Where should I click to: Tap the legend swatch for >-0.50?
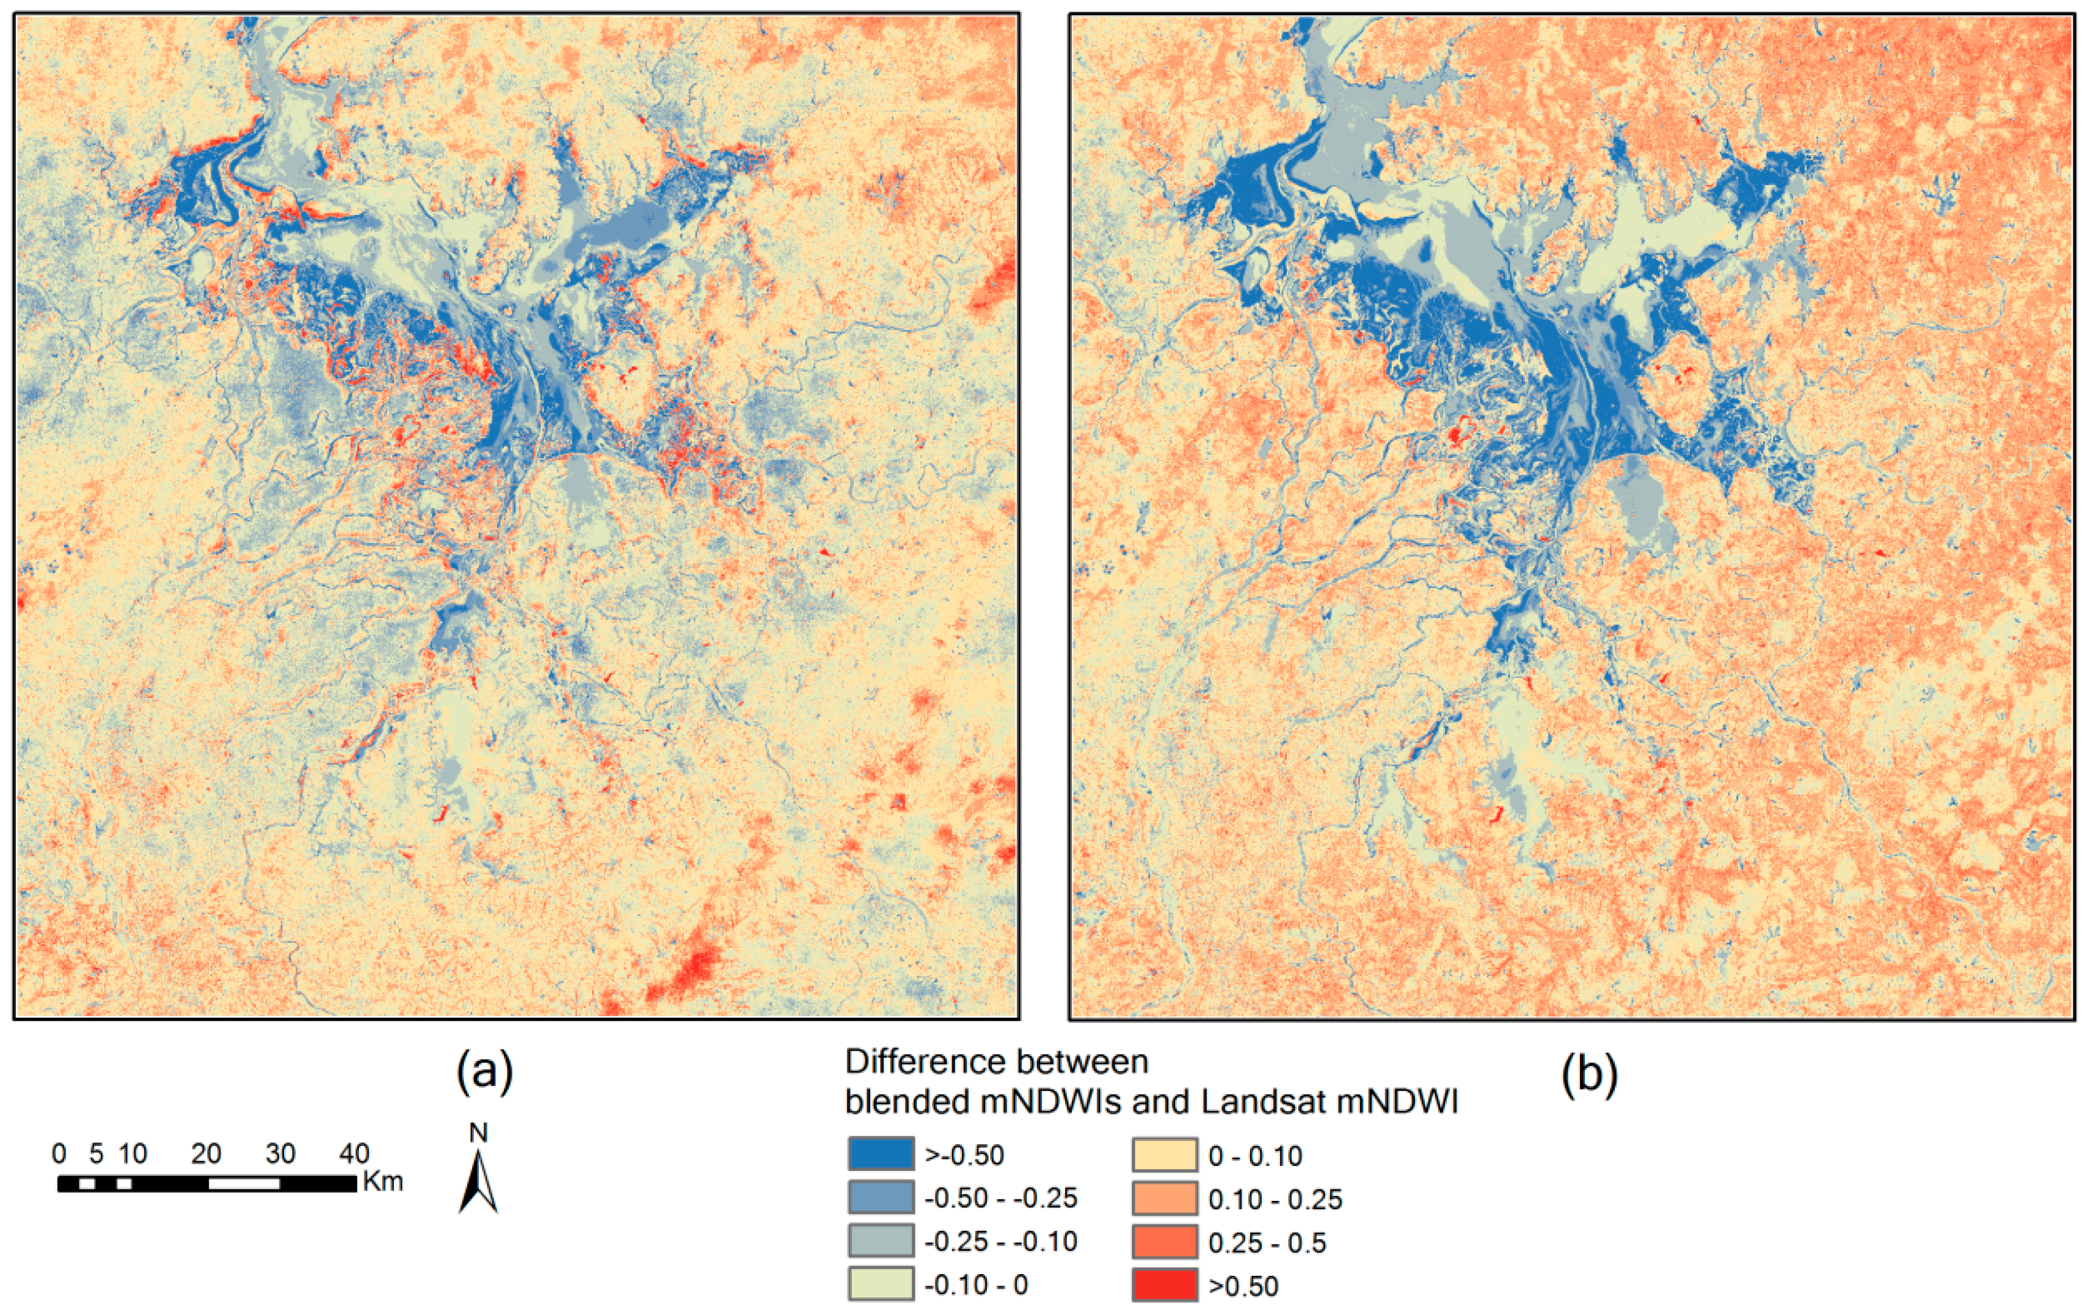tap(880, 1154)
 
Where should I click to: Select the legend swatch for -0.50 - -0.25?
tap(880, 1197)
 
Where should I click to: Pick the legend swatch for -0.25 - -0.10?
tap(880, 1241)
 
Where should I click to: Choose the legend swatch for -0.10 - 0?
tap(880, 1284)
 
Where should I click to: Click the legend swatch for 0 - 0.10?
tap(1165, 1154)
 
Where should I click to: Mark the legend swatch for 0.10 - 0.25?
tap(1165, 1197)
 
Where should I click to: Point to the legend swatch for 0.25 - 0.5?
tap(1165, 1241)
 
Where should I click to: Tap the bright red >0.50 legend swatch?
tap(1165, 1284)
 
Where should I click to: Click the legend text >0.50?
tap(1243, 1286)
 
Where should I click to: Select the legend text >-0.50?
tap(964, 1155)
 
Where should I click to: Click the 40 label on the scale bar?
tap(355, 1153)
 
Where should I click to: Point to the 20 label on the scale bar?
tap(206, 1153)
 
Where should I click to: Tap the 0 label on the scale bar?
tap(59, 1153)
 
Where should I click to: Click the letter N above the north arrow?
tap(478, 1132)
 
